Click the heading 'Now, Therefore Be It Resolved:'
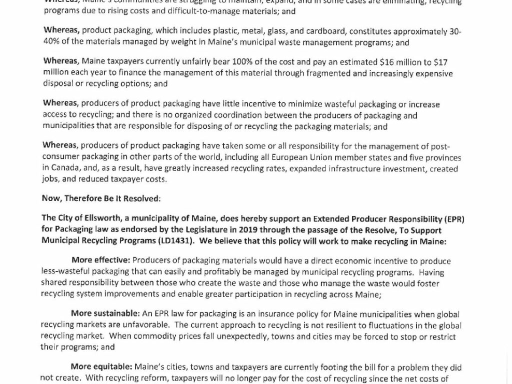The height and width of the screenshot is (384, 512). tap(101, 198)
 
